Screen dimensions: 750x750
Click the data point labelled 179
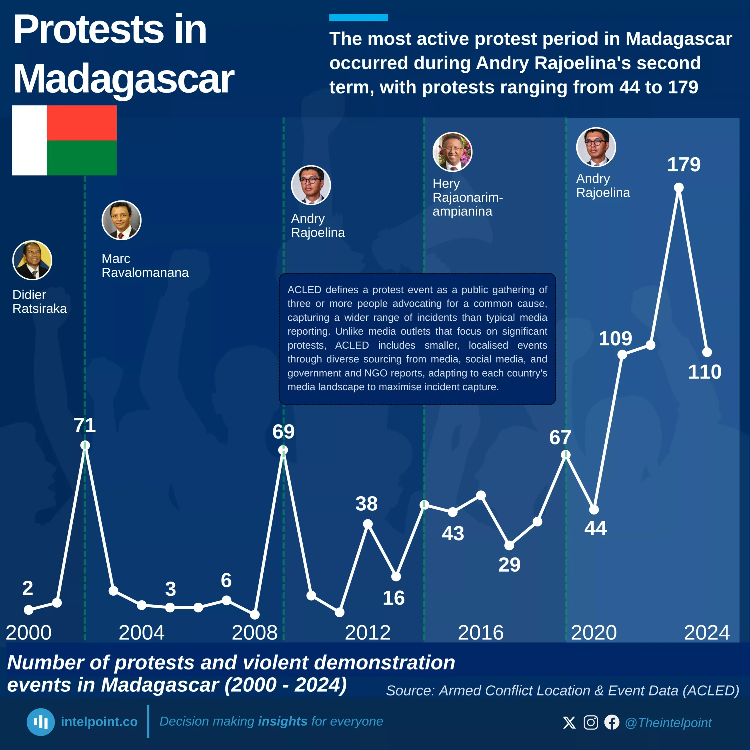click(679, 188)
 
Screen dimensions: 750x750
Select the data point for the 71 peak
click(85, 445)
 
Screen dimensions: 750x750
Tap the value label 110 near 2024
click(705, 372)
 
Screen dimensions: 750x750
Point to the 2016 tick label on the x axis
click(480, 633)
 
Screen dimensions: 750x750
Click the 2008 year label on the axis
click(255, 633)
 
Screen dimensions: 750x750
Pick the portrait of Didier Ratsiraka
click(32, 260)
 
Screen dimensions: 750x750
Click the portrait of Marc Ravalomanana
click(122, 220)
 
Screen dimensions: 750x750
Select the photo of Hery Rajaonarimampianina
click(452, 152)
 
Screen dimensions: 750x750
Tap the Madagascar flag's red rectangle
click(81, 123)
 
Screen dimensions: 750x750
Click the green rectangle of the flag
click(81, 158)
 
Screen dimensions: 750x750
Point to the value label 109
click(615, 338)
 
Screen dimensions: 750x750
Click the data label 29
click(509, 565)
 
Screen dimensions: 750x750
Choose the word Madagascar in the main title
click(123, 79)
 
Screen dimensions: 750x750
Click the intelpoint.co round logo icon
click(41, 722)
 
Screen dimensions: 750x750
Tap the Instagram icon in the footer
click(591, 722)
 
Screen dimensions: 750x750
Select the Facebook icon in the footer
click(612, 722)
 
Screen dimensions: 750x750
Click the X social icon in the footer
click(570, 722)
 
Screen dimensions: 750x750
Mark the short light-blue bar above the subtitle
click(358, 18)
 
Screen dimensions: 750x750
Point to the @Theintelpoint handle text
click(668, 723)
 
